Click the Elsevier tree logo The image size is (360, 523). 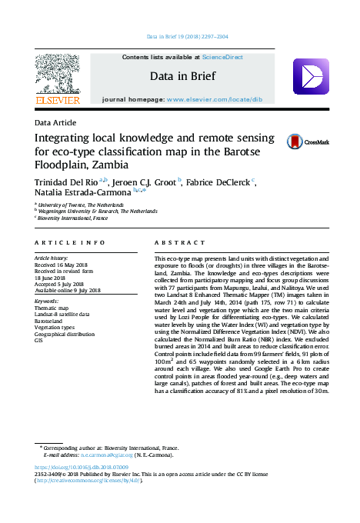[58, 75]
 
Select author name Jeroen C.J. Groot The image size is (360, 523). [144, 182]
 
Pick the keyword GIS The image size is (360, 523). [39, 340]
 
